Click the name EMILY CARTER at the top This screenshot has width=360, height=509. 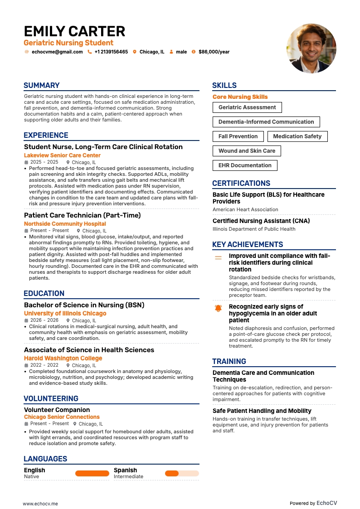pyautogui.click(x=74, y=31)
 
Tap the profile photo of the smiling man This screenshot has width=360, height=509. pyautogui.click(x=311, y=48)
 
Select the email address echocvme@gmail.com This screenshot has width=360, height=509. pyautogui.click(x=57, y=52)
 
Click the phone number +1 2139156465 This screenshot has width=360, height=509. pyautogui.click(x=111, y=52)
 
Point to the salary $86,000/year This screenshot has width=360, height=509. pyautogui.click(x=214, y=52)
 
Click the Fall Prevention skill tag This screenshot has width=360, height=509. pyautogui.click(x=238, y=136)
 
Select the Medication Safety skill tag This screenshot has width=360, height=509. pyautogui.click(x=297, y=136)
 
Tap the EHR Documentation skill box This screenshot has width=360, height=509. pyautogui.click(x=245, y=165)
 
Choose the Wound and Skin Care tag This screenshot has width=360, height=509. pyautogui.click(x=247, y=151)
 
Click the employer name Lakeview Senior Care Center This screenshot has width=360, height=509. pyautogui.click(x=62, y=155)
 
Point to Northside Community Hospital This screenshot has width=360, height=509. pyautogui.click(x=65, y=224)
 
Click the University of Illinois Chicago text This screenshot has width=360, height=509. pyautogui.click(x=65, y=314)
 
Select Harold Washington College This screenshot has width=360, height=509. pyautogui.click(x=63, y=359)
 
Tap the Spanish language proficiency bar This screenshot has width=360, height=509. pyautogui.click(x=182, y=473)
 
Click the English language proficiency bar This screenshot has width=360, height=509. pyautogui.click(x=92, y=473)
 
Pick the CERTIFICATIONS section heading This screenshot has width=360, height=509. pyautogui.click(x=241, y=184)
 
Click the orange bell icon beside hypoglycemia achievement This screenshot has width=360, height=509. pyautogui.click(x=218, y=308)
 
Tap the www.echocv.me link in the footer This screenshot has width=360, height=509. pyautogui.click(x=40, y=504)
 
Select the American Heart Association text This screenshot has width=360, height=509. pyautogui.click(x=245, y=210)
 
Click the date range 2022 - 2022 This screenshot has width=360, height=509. pyautogui.click(x=44, y=365)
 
